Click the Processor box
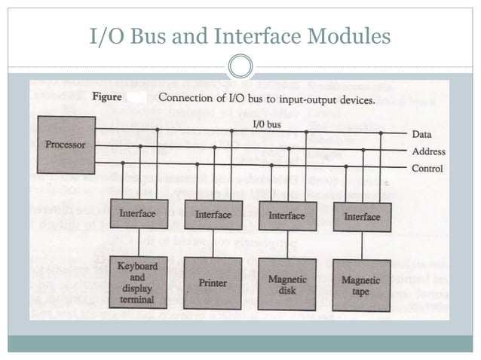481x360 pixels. (66, 145)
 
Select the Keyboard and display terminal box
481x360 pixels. (137, 282)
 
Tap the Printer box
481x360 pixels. (213, 283)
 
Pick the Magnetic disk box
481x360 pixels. (287, 284)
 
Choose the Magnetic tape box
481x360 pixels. (361, 285)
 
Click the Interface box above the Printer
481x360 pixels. (213, 215)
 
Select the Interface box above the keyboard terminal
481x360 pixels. (137, 214)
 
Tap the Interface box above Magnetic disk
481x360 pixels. (287, 215)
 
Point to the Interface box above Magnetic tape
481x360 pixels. (362, 217)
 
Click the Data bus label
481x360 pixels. (421, 134)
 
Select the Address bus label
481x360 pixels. (428, 151)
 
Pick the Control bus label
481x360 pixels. (427, 169)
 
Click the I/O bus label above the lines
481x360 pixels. (268, 122)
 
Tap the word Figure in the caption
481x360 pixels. (108, 97)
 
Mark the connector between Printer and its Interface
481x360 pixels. (213, 243)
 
